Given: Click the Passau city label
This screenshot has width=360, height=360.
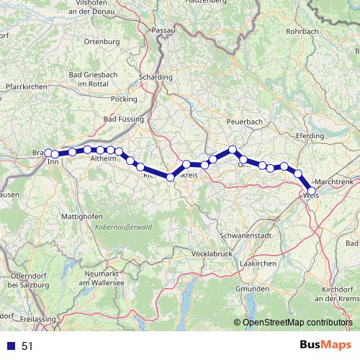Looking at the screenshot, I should (x=163, y=30).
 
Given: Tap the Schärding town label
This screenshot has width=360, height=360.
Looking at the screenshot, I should (x=155, y=77).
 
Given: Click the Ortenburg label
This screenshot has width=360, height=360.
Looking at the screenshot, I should (x=102, y=42).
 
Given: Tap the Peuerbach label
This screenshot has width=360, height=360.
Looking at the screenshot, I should (x=245, y=122).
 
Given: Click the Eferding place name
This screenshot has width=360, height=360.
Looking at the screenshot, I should (x=310, y=135).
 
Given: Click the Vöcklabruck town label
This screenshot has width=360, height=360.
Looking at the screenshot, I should (x=215, y=254).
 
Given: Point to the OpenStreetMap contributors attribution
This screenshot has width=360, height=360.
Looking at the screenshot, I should (x=297, y=323).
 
